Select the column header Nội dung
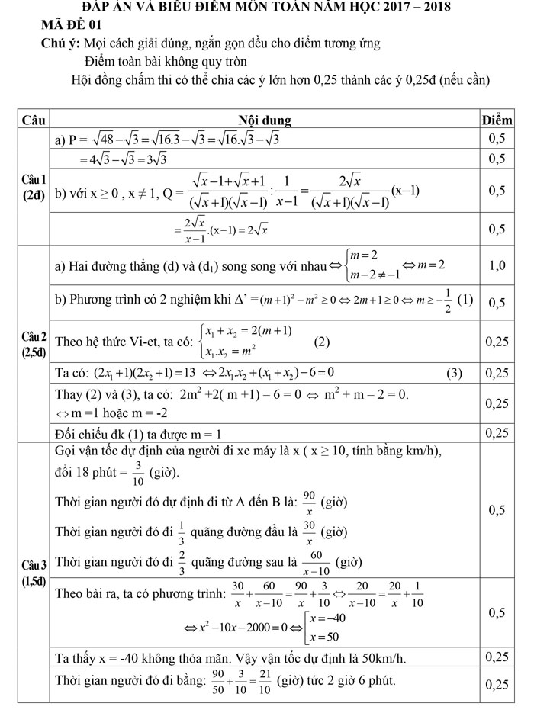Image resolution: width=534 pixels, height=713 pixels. [x=264, y=120]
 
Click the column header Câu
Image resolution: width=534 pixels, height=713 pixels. [x=34, y=120]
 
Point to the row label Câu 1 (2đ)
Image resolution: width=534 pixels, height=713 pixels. [x=34, y=187]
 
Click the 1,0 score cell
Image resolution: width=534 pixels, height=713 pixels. [x=497, y=266]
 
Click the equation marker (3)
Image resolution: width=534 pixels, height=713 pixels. [x=455, y=373]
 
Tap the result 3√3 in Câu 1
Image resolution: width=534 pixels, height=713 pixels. [x=153, y=159]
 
